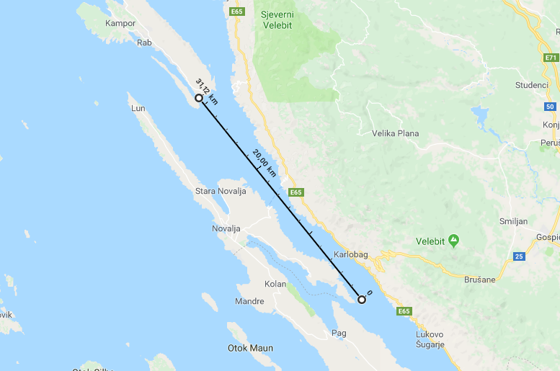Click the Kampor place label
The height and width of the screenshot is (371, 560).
120,23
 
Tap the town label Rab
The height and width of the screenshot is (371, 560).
144,43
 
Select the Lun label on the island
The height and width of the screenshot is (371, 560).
138,108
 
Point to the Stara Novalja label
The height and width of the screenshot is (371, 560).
221,191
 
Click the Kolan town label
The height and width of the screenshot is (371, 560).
275,284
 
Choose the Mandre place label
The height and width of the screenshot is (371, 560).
249,300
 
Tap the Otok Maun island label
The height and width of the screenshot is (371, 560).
250,348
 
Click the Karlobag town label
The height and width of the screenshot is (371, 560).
351,255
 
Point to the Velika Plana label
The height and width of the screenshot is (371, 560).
395,133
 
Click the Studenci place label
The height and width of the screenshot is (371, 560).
531,84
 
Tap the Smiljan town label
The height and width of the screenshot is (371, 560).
514,222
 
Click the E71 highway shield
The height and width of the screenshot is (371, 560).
551,57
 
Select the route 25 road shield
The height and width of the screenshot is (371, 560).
519,256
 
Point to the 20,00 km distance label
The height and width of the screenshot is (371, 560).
264,163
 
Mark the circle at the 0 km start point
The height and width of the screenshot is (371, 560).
362,300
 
